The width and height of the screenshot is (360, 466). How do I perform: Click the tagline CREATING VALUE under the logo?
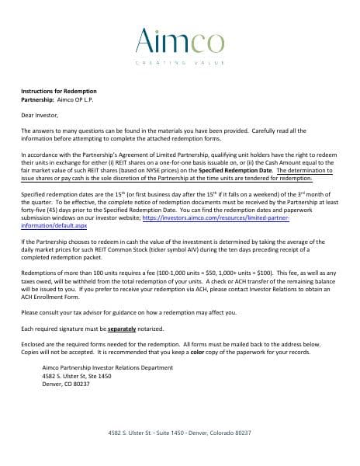(x=179, y=62)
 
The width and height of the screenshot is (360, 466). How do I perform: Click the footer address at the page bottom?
(x=179, y=433)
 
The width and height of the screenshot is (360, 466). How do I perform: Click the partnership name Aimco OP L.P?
(x=76, y=99)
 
